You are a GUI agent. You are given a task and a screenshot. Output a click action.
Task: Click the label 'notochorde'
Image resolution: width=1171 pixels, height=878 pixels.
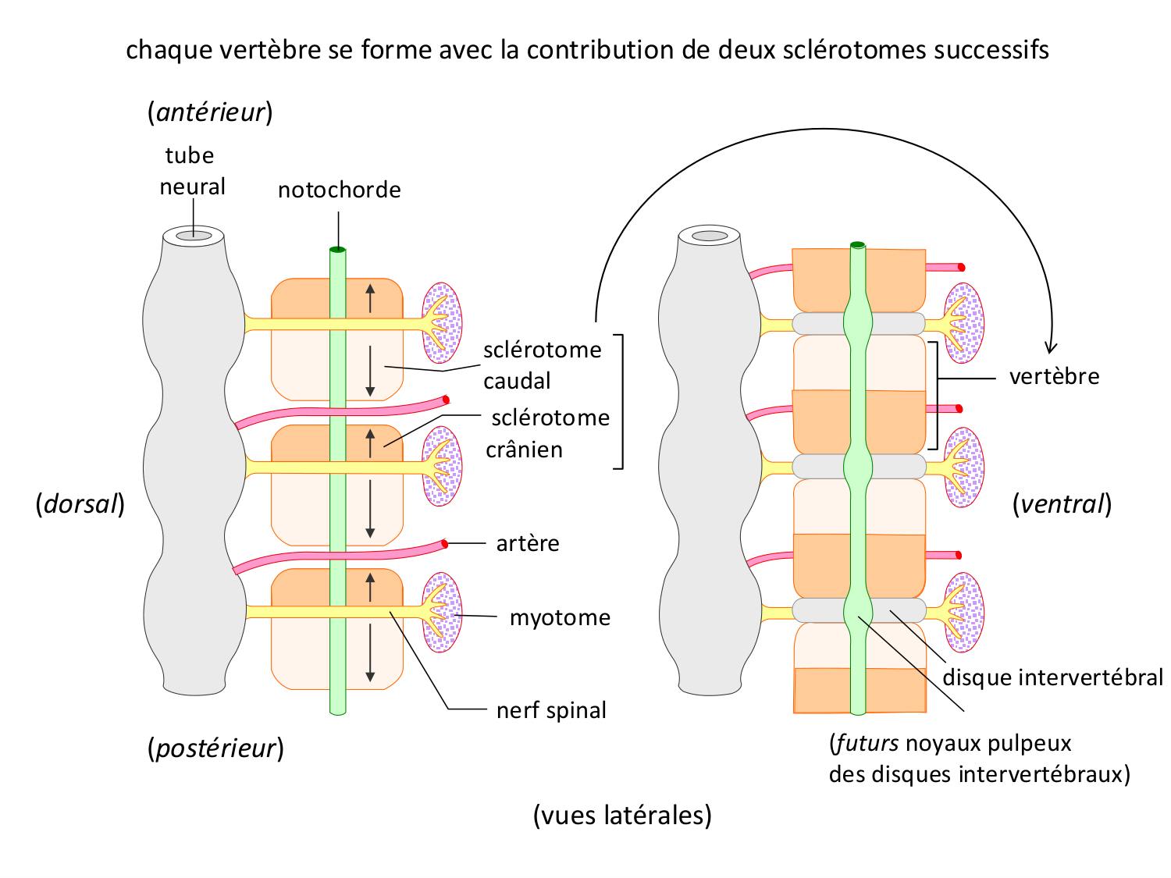(339, 190)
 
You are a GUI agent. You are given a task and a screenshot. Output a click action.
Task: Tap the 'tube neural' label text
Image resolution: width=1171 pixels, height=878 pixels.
(192, 171)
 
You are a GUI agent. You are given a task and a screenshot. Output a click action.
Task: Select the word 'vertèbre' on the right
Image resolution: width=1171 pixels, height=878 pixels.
(1054, 376)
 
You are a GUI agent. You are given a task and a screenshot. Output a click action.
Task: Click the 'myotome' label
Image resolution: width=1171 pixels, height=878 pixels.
(560, 617)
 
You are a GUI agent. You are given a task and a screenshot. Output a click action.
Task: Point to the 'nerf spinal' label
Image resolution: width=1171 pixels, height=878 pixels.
(551, 710)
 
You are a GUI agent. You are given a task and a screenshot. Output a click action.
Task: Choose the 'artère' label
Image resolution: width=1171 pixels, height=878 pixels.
(528, 543)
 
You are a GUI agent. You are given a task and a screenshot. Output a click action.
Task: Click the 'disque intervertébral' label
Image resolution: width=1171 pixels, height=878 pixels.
(1052, 677)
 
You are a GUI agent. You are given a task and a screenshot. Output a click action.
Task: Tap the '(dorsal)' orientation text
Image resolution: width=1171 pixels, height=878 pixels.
(80, 504)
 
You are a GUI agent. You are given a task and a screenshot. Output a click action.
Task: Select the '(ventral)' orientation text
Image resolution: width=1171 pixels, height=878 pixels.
(1062, 504)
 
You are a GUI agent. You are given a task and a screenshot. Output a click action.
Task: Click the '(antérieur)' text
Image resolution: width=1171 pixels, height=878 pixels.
(210, 112)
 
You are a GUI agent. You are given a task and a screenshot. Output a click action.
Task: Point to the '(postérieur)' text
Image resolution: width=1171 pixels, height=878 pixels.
(215, 748)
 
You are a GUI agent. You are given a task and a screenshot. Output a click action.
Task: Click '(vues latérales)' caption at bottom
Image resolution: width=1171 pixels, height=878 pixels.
(622, 815)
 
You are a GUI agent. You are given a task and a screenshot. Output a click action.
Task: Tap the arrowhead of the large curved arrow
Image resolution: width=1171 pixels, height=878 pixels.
(1051, 349)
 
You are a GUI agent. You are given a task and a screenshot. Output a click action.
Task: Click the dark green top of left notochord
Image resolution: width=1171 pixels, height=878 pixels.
(337, 250)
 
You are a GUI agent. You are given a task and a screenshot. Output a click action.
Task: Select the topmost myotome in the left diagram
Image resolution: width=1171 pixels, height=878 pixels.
(442, 322)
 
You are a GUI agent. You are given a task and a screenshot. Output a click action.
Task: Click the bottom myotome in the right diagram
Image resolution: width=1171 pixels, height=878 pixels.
(964, 612)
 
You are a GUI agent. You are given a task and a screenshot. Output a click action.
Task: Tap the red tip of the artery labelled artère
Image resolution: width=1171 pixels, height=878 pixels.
(444, 543)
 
